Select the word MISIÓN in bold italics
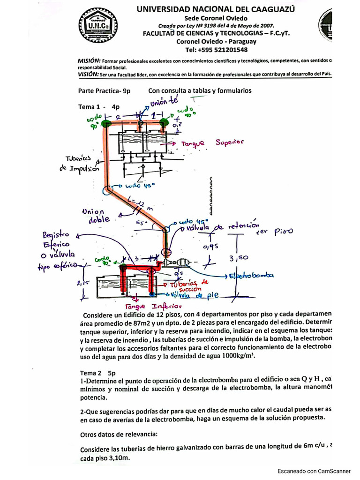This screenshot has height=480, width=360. tap(89, 60)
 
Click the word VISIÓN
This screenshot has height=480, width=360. tap(89, 74)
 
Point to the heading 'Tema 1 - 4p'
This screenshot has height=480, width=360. tap(99, 107)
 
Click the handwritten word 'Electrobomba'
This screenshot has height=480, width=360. tap(250, 276)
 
